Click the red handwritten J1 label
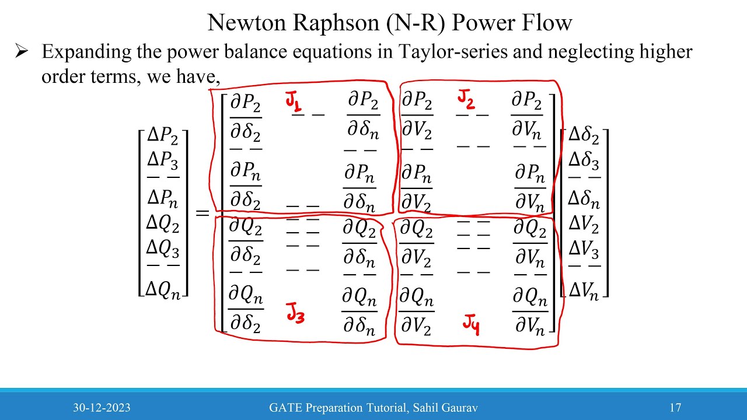pyautogui.click(x=294, y=102)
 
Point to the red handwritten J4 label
pyautogui.click(x=472, y=324)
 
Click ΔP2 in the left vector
pyautogui.click(x=163, y=136)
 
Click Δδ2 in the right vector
pyautogui.click(x=584, y=136)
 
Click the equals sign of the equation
pyautogui.click(x=202, y=213)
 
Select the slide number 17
pyautogui.click(x=675, y=408)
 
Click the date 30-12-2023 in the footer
pyautogui.click(x=102, y=408)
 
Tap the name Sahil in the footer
pyautogui.click(x=425, y=408)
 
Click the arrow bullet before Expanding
pyautogui.click(x=22, y=52)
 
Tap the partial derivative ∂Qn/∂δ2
pyautogui.click(x=245, y=310)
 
